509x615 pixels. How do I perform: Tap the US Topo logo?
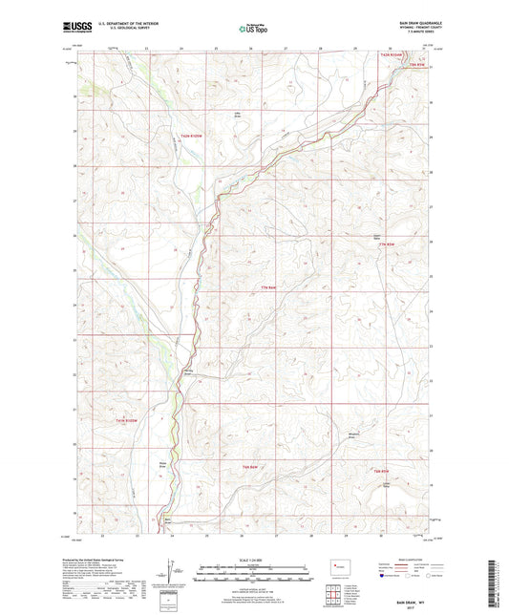pyautogui.click(x=253, y=30)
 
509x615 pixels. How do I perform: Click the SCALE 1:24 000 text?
pyautogui.click(x=254, y=560)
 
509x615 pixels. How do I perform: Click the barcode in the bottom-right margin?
pyautogui.click(x=498, y=573)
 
